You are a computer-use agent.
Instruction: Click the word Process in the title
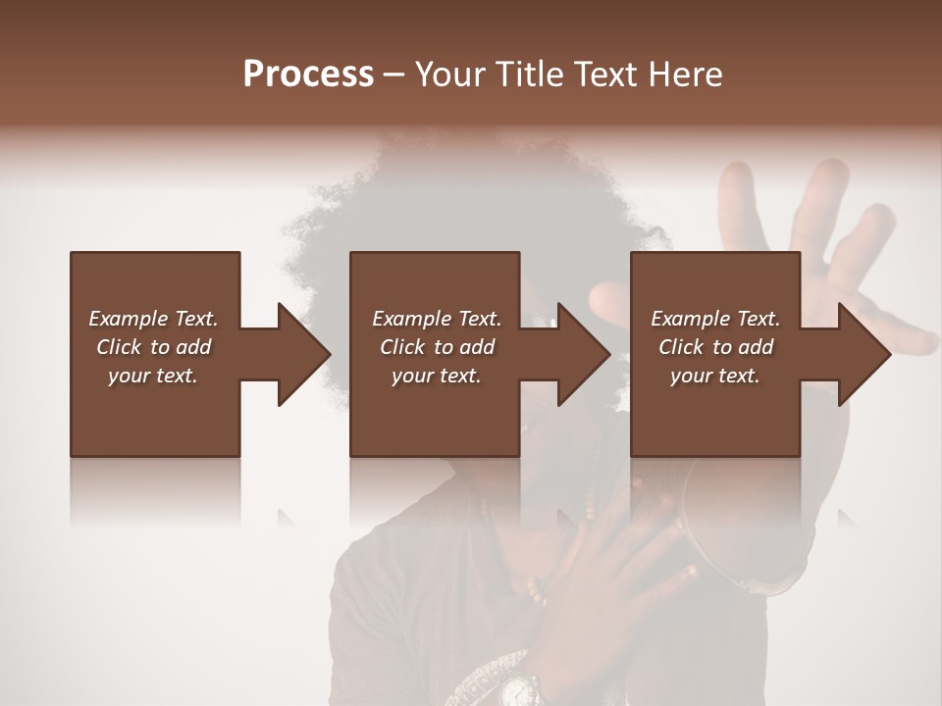click(x=308, y=75)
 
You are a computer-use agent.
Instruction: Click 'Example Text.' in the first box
click(x=153, y=319)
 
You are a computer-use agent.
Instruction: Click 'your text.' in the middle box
click(x=436, y=376)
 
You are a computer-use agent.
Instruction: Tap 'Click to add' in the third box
click(x=715, y=347)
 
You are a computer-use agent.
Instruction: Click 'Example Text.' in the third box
click(x=715, y=319)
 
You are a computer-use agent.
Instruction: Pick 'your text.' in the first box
click(x=153, y=376)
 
